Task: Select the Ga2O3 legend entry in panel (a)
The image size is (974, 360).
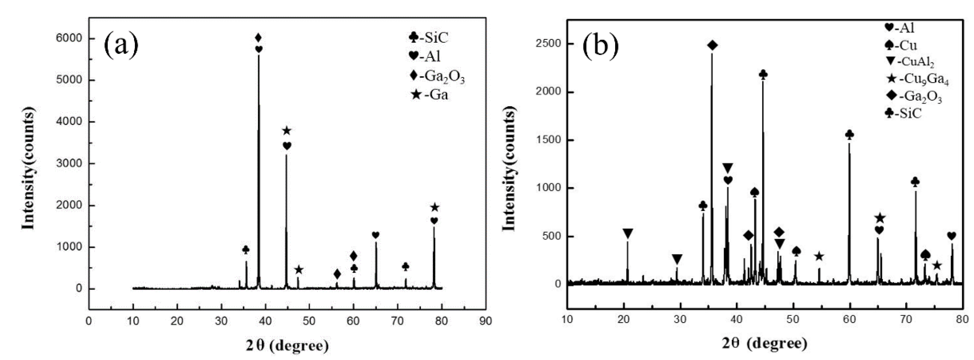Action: pos(438,76)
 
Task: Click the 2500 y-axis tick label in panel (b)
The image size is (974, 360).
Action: pos(548,44)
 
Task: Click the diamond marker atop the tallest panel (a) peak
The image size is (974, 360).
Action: pos(258,38)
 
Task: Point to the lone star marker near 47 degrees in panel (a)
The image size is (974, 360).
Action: pos(299,270)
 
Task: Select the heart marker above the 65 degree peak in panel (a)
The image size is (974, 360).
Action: pos(375,235)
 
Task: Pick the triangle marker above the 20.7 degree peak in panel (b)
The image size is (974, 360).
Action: pos(628,234)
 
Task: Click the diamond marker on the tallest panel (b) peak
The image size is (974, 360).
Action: pos(712,46)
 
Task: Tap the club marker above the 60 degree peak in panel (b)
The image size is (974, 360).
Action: pos(849,135)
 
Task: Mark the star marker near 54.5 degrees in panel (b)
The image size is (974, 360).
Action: pos(819,257)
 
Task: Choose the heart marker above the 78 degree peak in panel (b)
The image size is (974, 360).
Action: pos(952,236)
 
